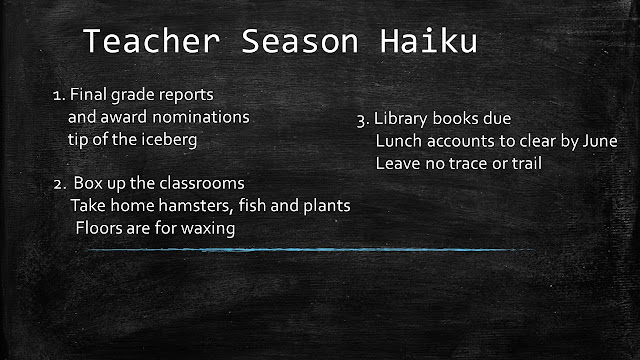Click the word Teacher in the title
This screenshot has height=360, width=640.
coord(151,41)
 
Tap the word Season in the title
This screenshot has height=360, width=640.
coord(300,41)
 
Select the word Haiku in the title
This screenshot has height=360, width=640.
coord(429,41)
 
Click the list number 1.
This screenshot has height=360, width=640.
coord(59,96)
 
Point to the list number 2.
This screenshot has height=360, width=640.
coord(60,184)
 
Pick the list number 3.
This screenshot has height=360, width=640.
coord(363,120)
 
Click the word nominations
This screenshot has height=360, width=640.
coord(201,117)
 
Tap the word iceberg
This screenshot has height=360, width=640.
coord(169,140)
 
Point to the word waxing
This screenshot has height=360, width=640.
coord(208,229)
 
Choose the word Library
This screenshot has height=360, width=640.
coord(402,119)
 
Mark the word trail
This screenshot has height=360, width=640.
coord(527,163)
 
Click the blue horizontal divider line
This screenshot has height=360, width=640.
coord(310,249)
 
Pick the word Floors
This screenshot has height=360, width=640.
coord(99,228)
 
